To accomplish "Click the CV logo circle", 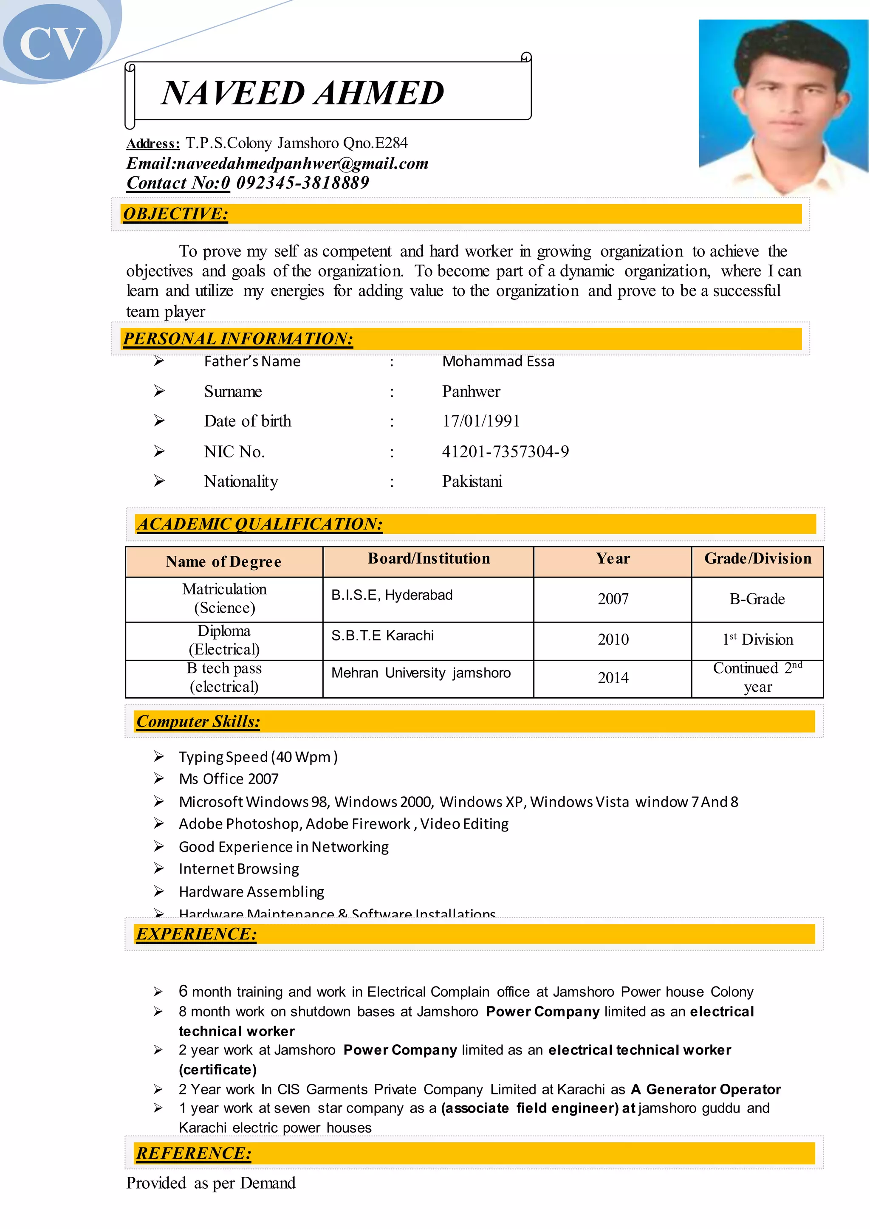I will coord(53,43).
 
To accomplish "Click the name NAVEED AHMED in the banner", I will coord(303,93).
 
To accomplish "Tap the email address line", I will coord(277,163).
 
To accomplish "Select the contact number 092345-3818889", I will coord(303,183).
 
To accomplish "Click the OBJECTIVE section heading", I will coord(176,214).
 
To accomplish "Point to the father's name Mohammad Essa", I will coord(498,361).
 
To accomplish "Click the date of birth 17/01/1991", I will coord(480,421).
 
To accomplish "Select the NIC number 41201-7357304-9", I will coord(505,451).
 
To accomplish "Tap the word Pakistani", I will coord(472,482).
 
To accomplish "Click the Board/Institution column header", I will coord(429,558).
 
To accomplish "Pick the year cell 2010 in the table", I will coord(613,640).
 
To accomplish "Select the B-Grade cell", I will coord(757,599).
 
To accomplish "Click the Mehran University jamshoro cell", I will coord(421,673).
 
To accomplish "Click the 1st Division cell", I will coord(757,640).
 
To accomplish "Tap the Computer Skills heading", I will coord(198,722).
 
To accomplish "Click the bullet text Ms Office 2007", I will coord(229,778).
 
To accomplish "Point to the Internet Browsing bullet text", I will coord(239,868).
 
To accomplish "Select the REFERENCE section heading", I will coord(193,1153).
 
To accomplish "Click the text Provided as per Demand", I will coord(211,1183).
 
